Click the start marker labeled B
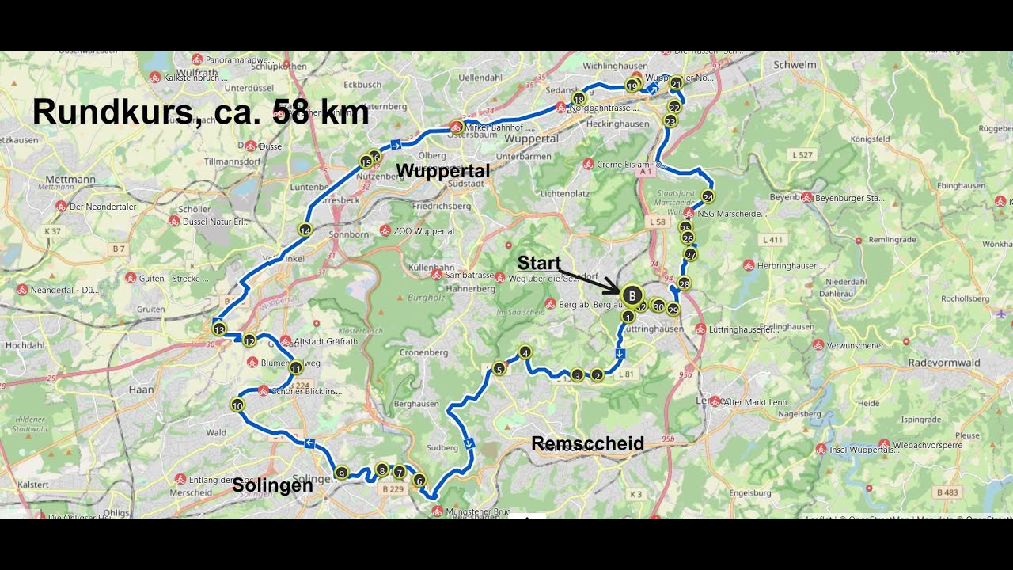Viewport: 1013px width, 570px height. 632,295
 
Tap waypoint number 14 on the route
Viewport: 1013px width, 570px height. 305,230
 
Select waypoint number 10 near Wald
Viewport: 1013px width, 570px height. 237,405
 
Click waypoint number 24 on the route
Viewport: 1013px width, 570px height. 708,197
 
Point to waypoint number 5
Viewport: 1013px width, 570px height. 499,368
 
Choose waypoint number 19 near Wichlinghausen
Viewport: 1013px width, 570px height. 632,85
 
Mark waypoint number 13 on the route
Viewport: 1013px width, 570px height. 219,329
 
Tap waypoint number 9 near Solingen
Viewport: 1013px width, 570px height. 342,473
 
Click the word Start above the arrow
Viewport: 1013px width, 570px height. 539,263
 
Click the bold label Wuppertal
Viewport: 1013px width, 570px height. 442,171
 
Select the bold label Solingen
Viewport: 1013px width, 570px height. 272,485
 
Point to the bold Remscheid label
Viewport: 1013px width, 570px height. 587,443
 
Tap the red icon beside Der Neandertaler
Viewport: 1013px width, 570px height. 61,207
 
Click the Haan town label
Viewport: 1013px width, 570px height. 140,389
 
